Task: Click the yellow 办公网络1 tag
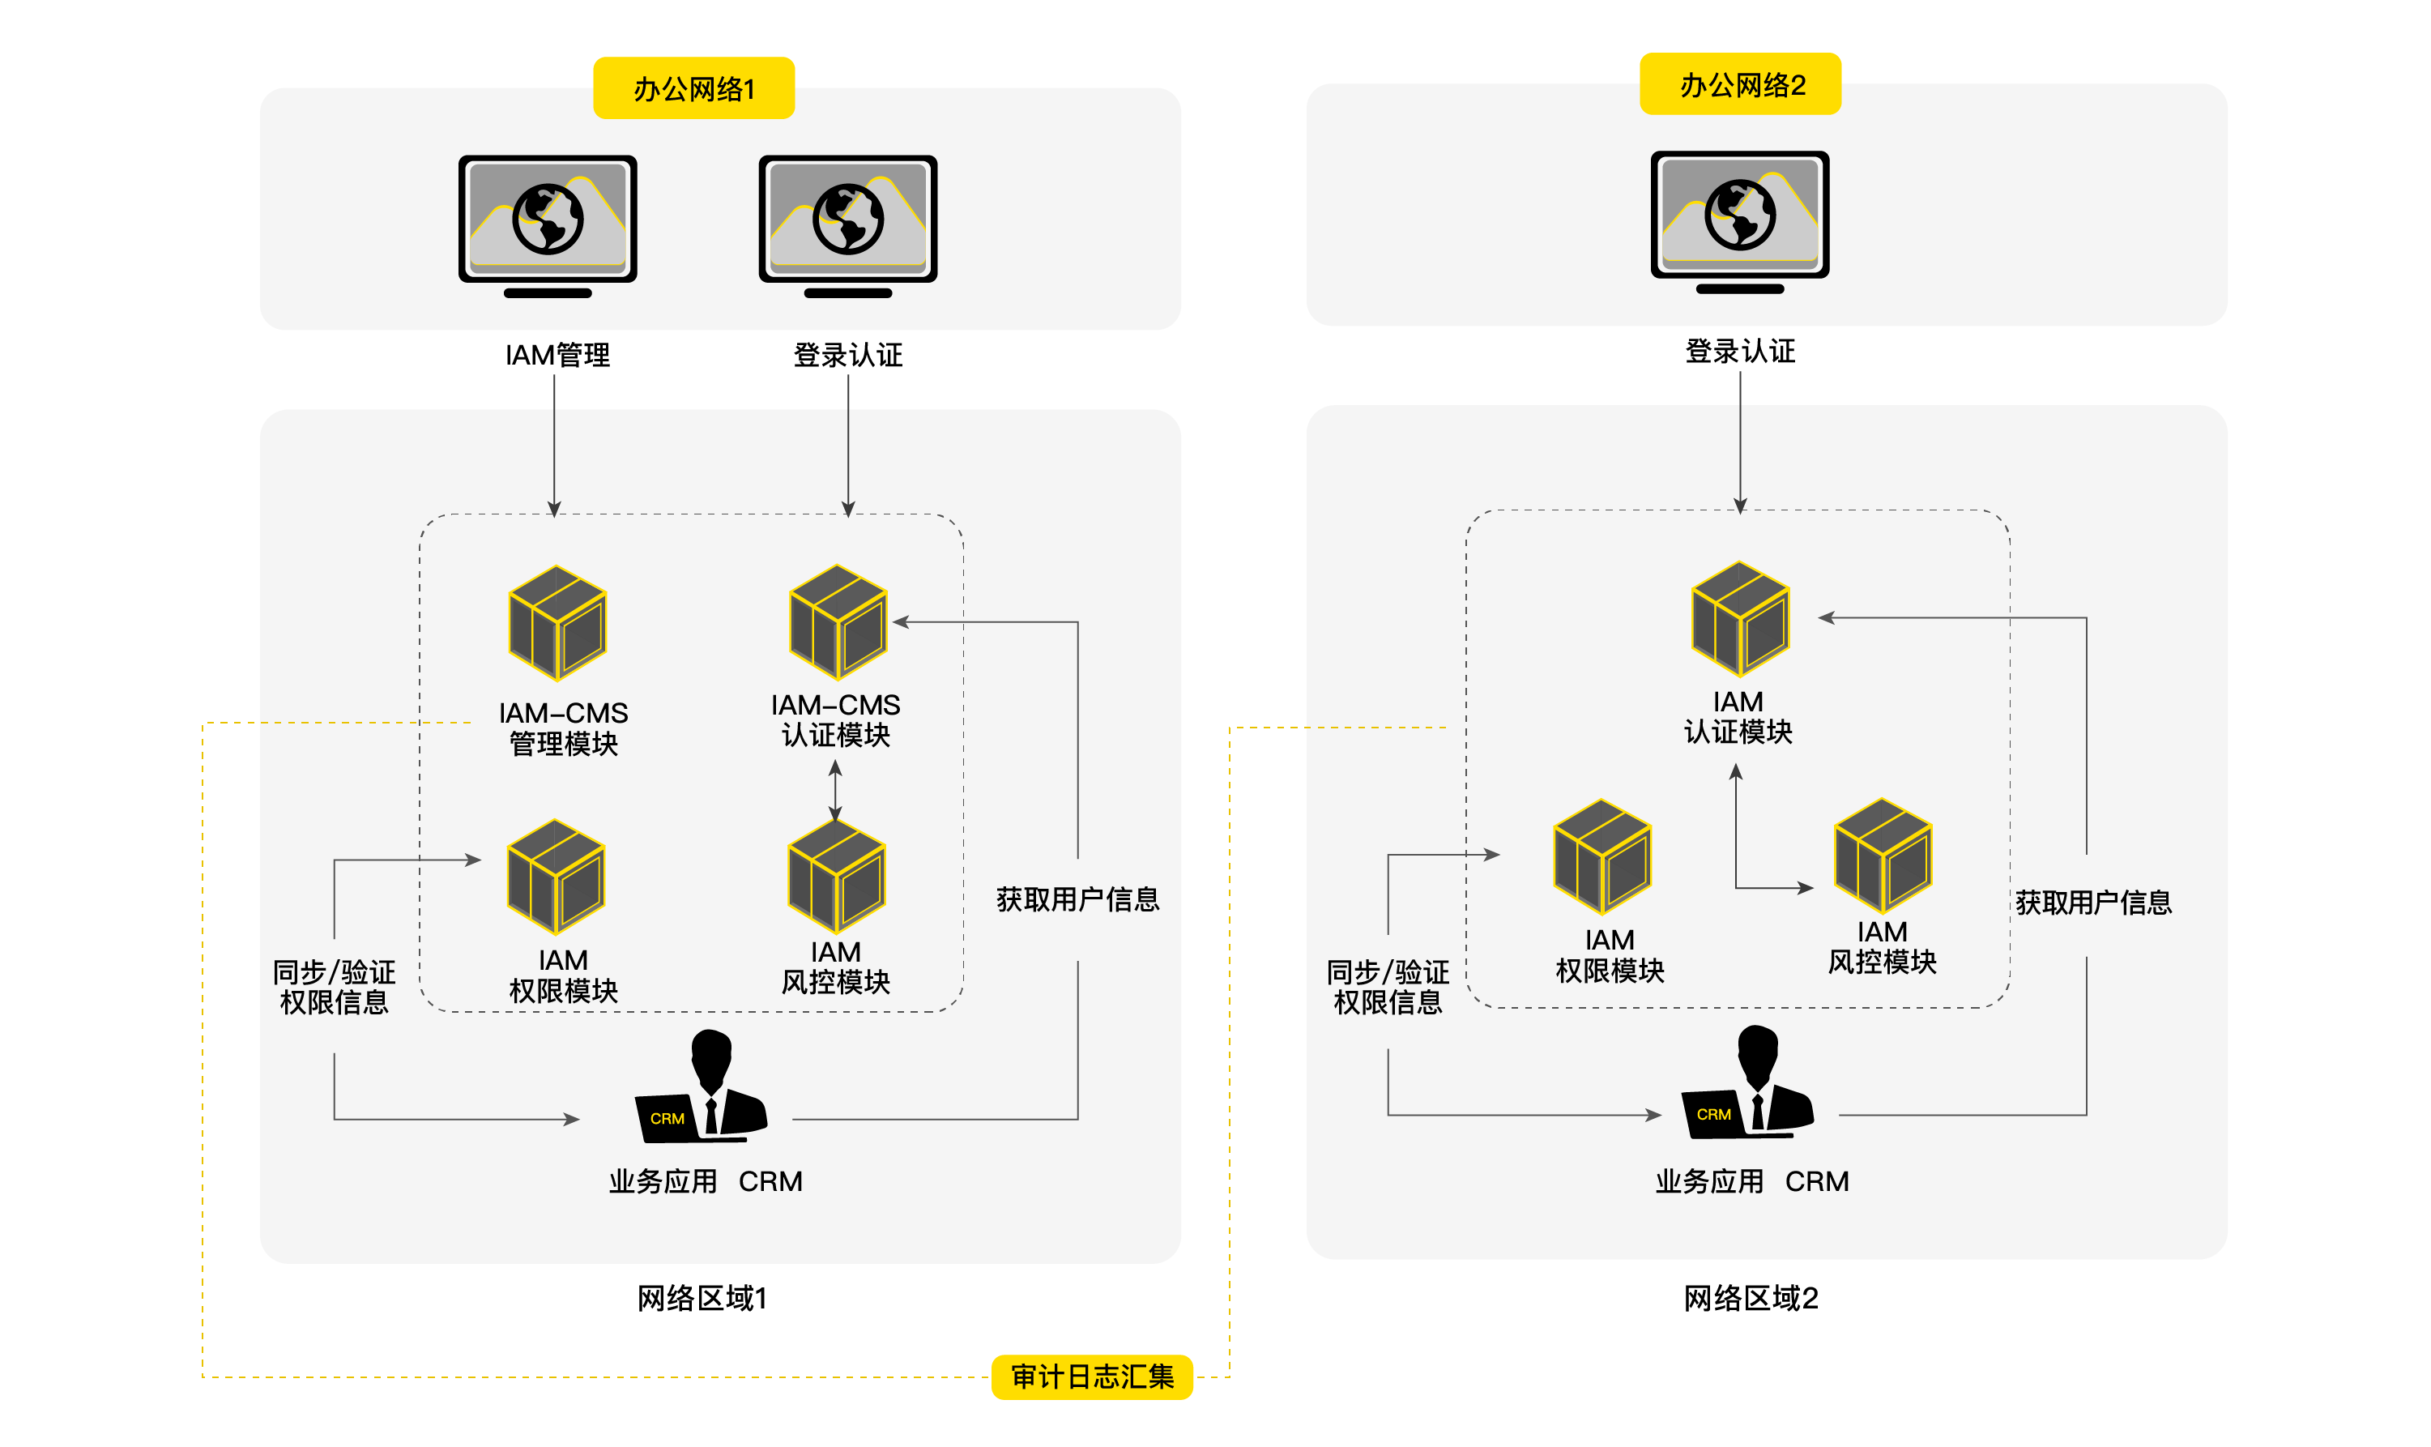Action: click(693, 88)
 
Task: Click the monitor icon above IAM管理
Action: click(547, 224)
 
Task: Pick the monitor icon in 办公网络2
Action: click(1739, 220)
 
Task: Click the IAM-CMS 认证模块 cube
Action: click(838, 621)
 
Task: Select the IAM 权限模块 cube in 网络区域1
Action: click(556, 876)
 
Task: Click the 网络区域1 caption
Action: click(702, 1298)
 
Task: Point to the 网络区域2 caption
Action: click(1750, 1298)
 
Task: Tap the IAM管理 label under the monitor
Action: click(557, 355)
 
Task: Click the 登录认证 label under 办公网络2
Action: click(1739, 351)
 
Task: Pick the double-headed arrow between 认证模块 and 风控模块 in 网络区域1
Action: click(834, 790)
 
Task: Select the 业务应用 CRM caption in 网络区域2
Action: click(1751, 1180)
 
